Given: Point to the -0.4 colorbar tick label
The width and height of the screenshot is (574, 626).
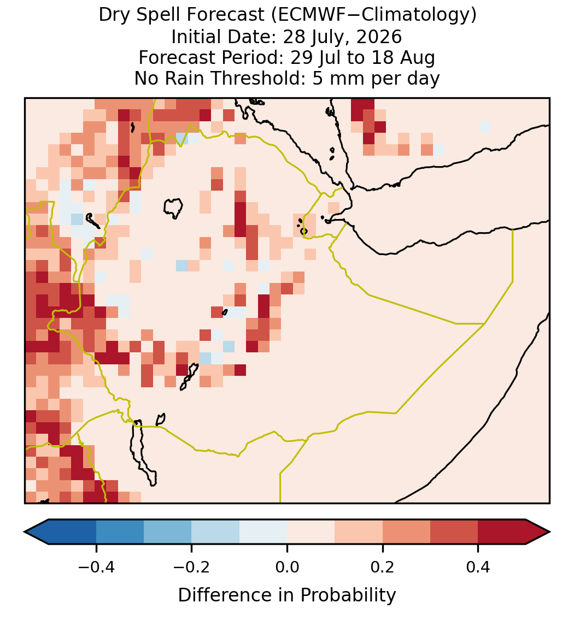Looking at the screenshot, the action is point(96,566).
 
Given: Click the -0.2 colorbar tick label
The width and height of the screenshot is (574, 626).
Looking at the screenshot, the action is point(191,566).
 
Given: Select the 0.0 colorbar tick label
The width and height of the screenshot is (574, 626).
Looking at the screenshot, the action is point(287,566).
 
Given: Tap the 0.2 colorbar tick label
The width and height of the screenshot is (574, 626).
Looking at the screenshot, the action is point(382,566).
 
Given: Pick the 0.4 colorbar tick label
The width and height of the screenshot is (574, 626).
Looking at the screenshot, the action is point(478,566).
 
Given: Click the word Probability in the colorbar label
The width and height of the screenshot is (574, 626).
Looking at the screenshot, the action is point(348,595).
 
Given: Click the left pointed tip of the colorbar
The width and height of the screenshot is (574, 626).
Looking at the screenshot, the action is point(25,532).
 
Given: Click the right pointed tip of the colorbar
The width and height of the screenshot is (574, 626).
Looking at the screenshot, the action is point(549,532).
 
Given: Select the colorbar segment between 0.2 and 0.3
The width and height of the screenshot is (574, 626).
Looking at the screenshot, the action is point(406,532).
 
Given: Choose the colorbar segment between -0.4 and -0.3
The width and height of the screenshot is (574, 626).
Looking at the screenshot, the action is point(120,532).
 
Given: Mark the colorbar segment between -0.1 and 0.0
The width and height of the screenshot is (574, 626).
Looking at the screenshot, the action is point(263,532).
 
